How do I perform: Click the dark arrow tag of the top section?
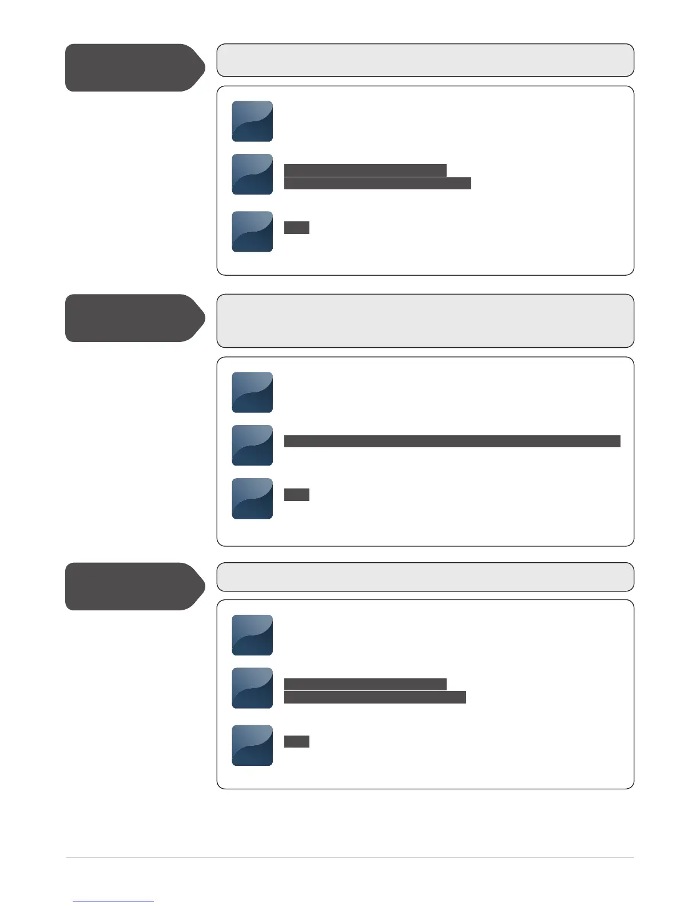134,67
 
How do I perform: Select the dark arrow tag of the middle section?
134,318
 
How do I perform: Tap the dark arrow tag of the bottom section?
134,586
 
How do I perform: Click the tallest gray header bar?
425,321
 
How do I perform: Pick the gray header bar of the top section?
425,60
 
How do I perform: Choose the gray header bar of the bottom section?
425,577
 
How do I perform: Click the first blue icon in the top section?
252,121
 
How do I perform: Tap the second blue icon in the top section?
252,174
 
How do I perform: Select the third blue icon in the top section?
252,232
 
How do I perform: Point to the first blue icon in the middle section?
252,392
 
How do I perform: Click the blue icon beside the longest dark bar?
252,445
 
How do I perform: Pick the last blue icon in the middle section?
252,499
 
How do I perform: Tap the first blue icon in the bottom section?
252,635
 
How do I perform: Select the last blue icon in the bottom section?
252,745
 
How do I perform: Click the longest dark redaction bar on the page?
452,441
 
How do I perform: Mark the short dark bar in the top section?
297,228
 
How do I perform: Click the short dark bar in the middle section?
297,495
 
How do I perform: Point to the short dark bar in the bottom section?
297,742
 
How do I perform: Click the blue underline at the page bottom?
113,901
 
